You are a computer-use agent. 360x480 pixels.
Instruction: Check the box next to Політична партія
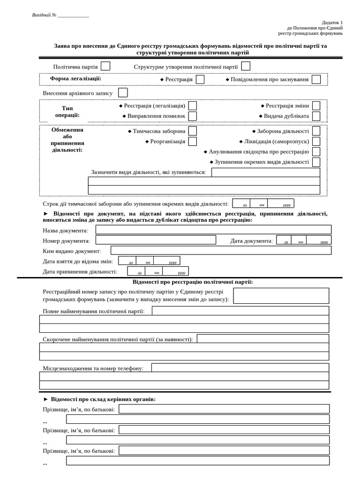pyautogui.click(x=105, y=66)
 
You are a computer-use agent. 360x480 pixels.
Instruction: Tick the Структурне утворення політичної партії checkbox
pyautogui.click(x=246, y=66)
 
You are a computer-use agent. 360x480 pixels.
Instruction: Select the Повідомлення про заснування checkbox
pyautogui.click(x=316, y=79)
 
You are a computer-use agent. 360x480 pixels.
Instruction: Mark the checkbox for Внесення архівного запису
pyautogui.click(x=123, y=93)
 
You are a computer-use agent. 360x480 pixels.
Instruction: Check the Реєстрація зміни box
pyautogui.click(x=316, y=105)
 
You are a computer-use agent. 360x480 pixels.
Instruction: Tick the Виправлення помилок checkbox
pyautogui.click(x=192, y=116)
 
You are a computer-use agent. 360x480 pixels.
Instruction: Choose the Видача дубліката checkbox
pyautogui.click(x=316, y=116)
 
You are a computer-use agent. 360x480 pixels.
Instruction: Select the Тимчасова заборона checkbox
pyautogui.click(x=192, y=131)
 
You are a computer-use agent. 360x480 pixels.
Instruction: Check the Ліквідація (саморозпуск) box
pyautogui.click(x=316, y=141)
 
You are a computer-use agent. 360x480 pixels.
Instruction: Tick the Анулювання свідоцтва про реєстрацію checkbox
pyautogui.click(x=316, y=151)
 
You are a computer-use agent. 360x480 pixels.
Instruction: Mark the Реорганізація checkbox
pyautogui.click(x=192, y=141)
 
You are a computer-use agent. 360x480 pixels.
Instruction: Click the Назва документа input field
pyautogui.click(x=213, y=230)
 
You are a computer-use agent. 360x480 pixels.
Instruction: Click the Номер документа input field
pyautogui.click(x=156, y=240)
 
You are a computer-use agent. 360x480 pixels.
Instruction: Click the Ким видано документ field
pyautogui.click(x=221, y=250)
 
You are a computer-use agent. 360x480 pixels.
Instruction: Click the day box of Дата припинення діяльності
pyautogui.click(x=136, y=271)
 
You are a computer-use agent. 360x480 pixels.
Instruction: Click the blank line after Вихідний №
pyautogui.click(x=73, y=15)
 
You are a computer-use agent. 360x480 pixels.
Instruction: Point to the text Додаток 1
pyautogui.click(x=332, y=22)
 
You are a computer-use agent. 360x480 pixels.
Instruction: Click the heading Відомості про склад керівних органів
pyautogui.click(x=103, y=399)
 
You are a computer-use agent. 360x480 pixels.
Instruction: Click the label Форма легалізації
pyautogui.click(x=75, y=79)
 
